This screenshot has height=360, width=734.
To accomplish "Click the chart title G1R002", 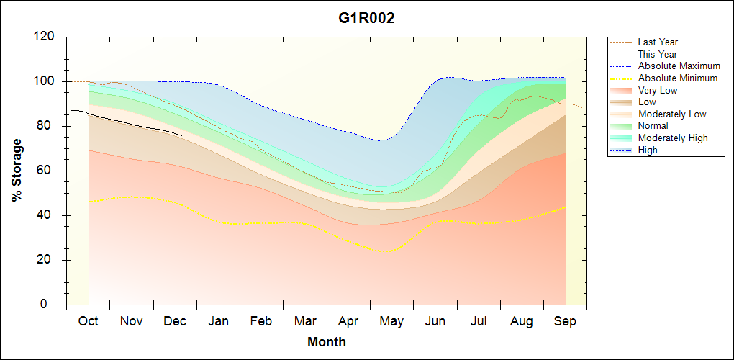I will (x=366, y=19).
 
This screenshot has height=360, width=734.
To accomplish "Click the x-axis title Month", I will (x=326, y=342).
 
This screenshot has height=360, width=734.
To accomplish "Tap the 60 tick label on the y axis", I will (x=48, y=171).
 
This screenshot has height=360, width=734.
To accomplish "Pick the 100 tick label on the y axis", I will (x=45, y=81).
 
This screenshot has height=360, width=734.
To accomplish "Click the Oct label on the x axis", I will (x=88, y=321).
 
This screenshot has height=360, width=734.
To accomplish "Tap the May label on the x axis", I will (x=391, y=321).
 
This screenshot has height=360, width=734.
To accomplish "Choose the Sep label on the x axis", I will (x=565, y=321).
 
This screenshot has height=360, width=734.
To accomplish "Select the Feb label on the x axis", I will (x=261, y=321).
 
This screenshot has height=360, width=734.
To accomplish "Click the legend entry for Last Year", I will (x=658, y=42).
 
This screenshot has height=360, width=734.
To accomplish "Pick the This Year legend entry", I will (x=658, y=54).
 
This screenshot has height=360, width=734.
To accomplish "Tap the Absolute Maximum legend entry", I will (x=679, y=66).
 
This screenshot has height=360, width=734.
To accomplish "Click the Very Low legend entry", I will (x=658, y=90).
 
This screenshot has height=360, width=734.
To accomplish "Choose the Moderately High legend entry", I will (x=673, y=138).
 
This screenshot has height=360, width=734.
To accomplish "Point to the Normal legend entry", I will (x=653, y=126).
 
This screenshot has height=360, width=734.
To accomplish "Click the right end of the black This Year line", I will (x=181, y=135).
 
